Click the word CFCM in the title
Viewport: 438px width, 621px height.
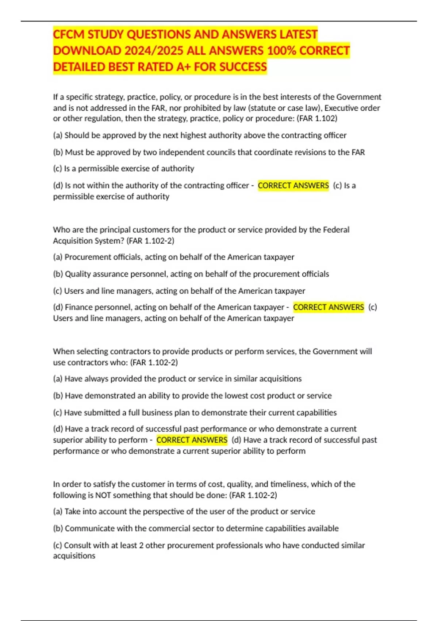(69, 34)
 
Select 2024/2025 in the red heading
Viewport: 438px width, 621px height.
(154, 50)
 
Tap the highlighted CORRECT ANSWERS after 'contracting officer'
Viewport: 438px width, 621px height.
(293, 186)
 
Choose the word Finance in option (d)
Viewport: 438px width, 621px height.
(78, 307)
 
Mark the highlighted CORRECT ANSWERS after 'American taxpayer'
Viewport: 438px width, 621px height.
(328, 307)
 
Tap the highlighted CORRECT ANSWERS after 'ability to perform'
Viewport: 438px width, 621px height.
(192, 440)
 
